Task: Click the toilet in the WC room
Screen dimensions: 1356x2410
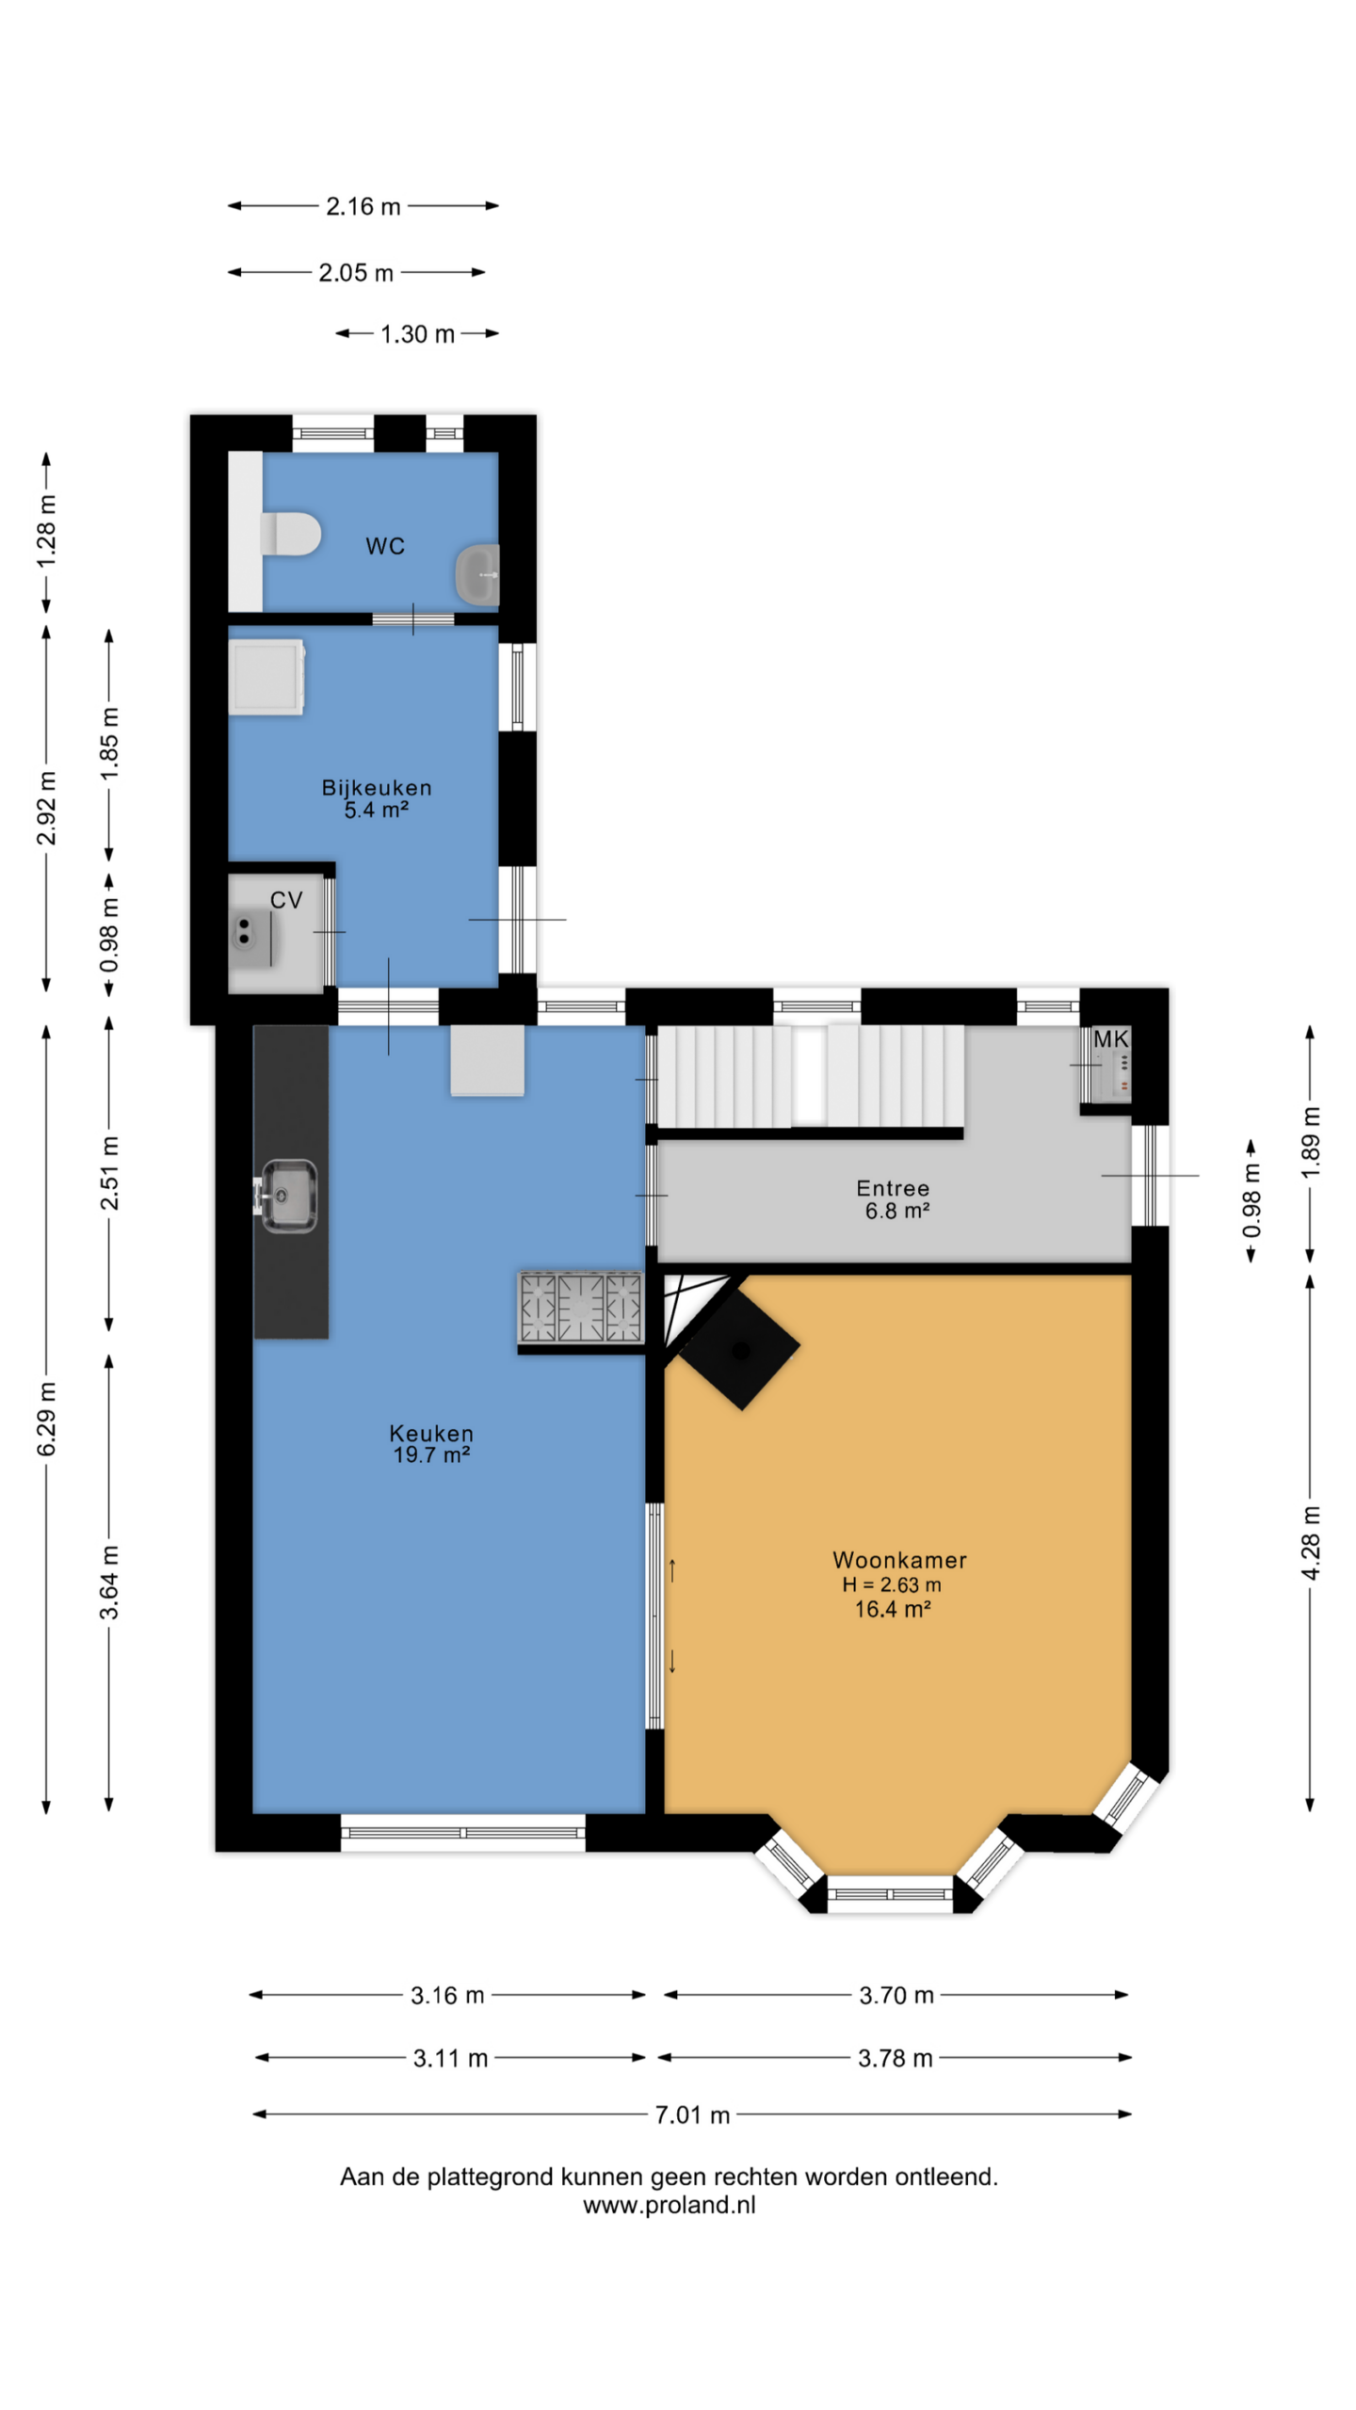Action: (x=290, y=534)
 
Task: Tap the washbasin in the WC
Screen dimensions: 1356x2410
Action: (x=477, y=574)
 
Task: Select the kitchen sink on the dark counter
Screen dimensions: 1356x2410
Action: (x=286, y=1195)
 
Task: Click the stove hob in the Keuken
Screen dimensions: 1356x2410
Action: (x=580, y=1307)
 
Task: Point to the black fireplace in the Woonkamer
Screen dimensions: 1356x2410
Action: (x=740, y=1349)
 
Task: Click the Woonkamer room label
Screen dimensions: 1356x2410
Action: (x=899, y=1560)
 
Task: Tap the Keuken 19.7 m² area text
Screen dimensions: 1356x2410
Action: (x=431, y=1454)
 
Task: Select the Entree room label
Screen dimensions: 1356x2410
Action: (x=893, y=1188)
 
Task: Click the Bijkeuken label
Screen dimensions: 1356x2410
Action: (x=377, y=788)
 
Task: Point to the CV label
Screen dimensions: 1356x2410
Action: (x=286, y=900)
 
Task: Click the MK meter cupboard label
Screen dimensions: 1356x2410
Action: (x=1110, y=1039)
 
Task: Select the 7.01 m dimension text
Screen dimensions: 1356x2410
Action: (x=692, y=2115)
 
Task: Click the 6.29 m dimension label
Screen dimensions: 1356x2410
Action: (x=46, y=1419)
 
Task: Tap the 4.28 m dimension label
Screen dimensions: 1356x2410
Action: (x=1310, y=1543)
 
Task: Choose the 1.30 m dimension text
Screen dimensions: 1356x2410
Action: (x=417, y=334)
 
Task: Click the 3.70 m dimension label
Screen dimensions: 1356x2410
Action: (x=896, y=1995)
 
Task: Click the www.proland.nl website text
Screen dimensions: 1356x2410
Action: (x=669, y=2205)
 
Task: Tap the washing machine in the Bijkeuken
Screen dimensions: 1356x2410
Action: (x=267, y=677)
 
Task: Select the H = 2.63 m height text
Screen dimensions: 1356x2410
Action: (x=892, y=1585)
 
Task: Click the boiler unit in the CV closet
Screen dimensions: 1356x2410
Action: (x=245, y=932)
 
